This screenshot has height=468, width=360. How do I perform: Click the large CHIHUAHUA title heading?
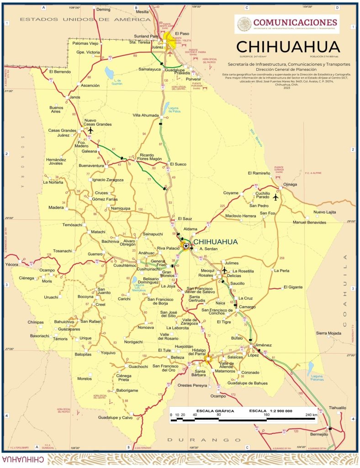(288, 47)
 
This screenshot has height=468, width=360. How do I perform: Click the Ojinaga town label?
(290, 184)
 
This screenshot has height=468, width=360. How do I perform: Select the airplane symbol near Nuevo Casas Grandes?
(90, 130)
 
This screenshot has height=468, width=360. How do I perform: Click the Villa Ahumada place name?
(146, 116)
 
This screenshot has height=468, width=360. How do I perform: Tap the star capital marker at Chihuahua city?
(186, 246)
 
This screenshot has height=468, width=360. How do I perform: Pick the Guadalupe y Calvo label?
(115, 418)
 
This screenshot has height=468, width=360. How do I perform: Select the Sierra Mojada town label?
(328, 334)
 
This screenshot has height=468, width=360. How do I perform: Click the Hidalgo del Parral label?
(194, 351)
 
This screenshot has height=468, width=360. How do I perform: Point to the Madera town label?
(56, 207)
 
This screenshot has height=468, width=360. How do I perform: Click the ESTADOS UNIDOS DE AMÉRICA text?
(85, 20)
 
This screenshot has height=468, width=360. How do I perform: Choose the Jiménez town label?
(263, 345)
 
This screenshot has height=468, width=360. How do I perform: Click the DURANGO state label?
(197, 440)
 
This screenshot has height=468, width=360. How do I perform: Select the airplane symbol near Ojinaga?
(275, 197)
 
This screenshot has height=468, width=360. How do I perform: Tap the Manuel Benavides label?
(309, 222)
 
